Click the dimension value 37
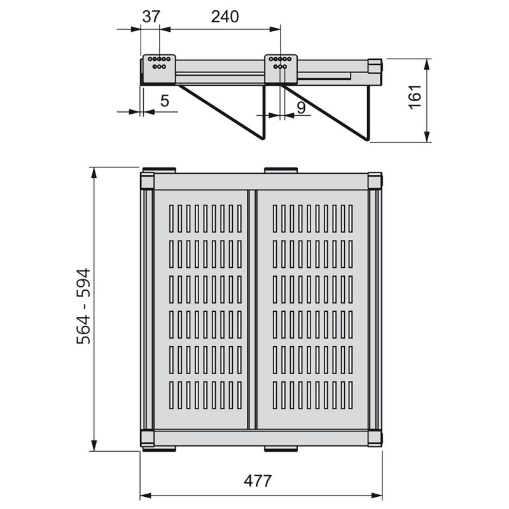pos(151,17)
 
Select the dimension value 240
pos(225,17)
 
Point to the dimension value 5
pos(164,101)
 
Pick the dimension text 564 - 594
pos(83,306)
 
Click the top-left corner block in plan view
pos(147,181)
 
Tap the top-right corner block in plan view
pos(375,181)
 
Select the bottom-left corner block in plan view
pos(147,438)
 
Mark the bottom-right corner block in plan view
pos(375,438)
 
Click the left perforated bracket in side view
pos(158,65)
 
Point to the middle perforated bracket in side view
pos(280,64)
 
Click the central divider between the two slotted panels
pos(251,309)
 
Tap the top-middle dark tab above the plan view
pos(281,170)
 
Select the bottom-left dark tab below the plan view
pos(158,449)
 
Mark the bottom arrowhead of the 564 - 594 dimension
pos(94,447)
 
